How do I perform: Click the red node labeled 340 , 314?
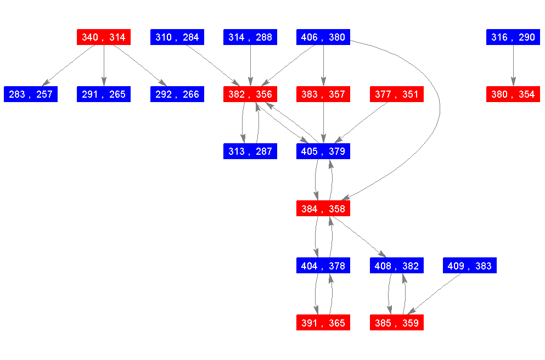pos(103,37)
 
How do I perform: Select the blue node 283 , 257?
pos(31,94)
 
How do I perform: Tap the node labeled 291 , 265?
pos(104,94)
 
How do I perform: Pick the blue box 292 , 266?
pos(177,94)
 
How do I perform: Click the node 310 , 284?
pos(177,37)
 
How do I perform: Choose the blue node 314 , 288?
pos(250,37)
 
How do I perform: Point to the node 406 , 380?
pos(323,37)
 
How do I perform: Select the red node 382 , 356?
pos(250,94)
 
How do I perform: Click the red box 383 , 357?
pos(323,94)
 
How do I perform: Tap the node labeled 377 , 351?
pos(397,94)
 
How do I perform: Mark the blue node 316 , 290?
pos(513,37)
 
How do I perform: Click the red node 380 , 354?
pos(513,94)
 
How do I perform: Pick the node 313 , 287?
pos(250,151)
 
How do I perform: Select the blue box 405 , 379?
pos(323,151)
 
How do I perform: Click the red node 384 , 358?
pos(323,209)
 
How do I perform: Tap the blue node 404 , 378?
pos(323,266)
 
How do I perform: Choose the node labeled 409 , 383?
pos(470,266)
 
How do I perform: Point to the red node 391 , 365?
pos(323,323)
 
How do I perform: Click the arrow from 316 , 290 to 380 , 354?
pos(513,66)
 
